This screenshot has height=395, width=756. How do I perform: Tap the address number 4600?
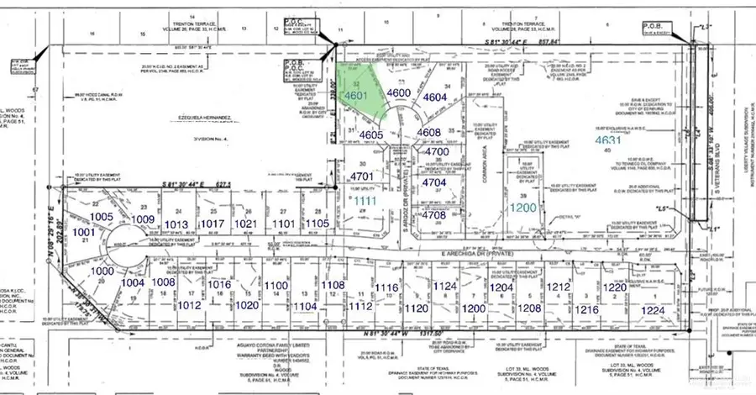point(398,94)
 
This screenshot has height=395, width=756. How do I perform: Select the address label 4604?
point(434,97)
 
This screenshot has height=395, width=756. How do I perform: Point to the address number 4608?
point(428,132)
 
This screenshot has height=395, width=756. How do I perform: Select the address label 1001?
point(84,231)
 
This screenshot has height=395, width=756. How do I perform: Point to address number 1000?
point(101,271)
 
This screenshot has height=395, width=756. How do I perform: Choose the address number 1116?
point(386,288)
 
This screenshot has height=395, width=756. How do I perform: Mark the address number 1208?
point(529,308)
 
